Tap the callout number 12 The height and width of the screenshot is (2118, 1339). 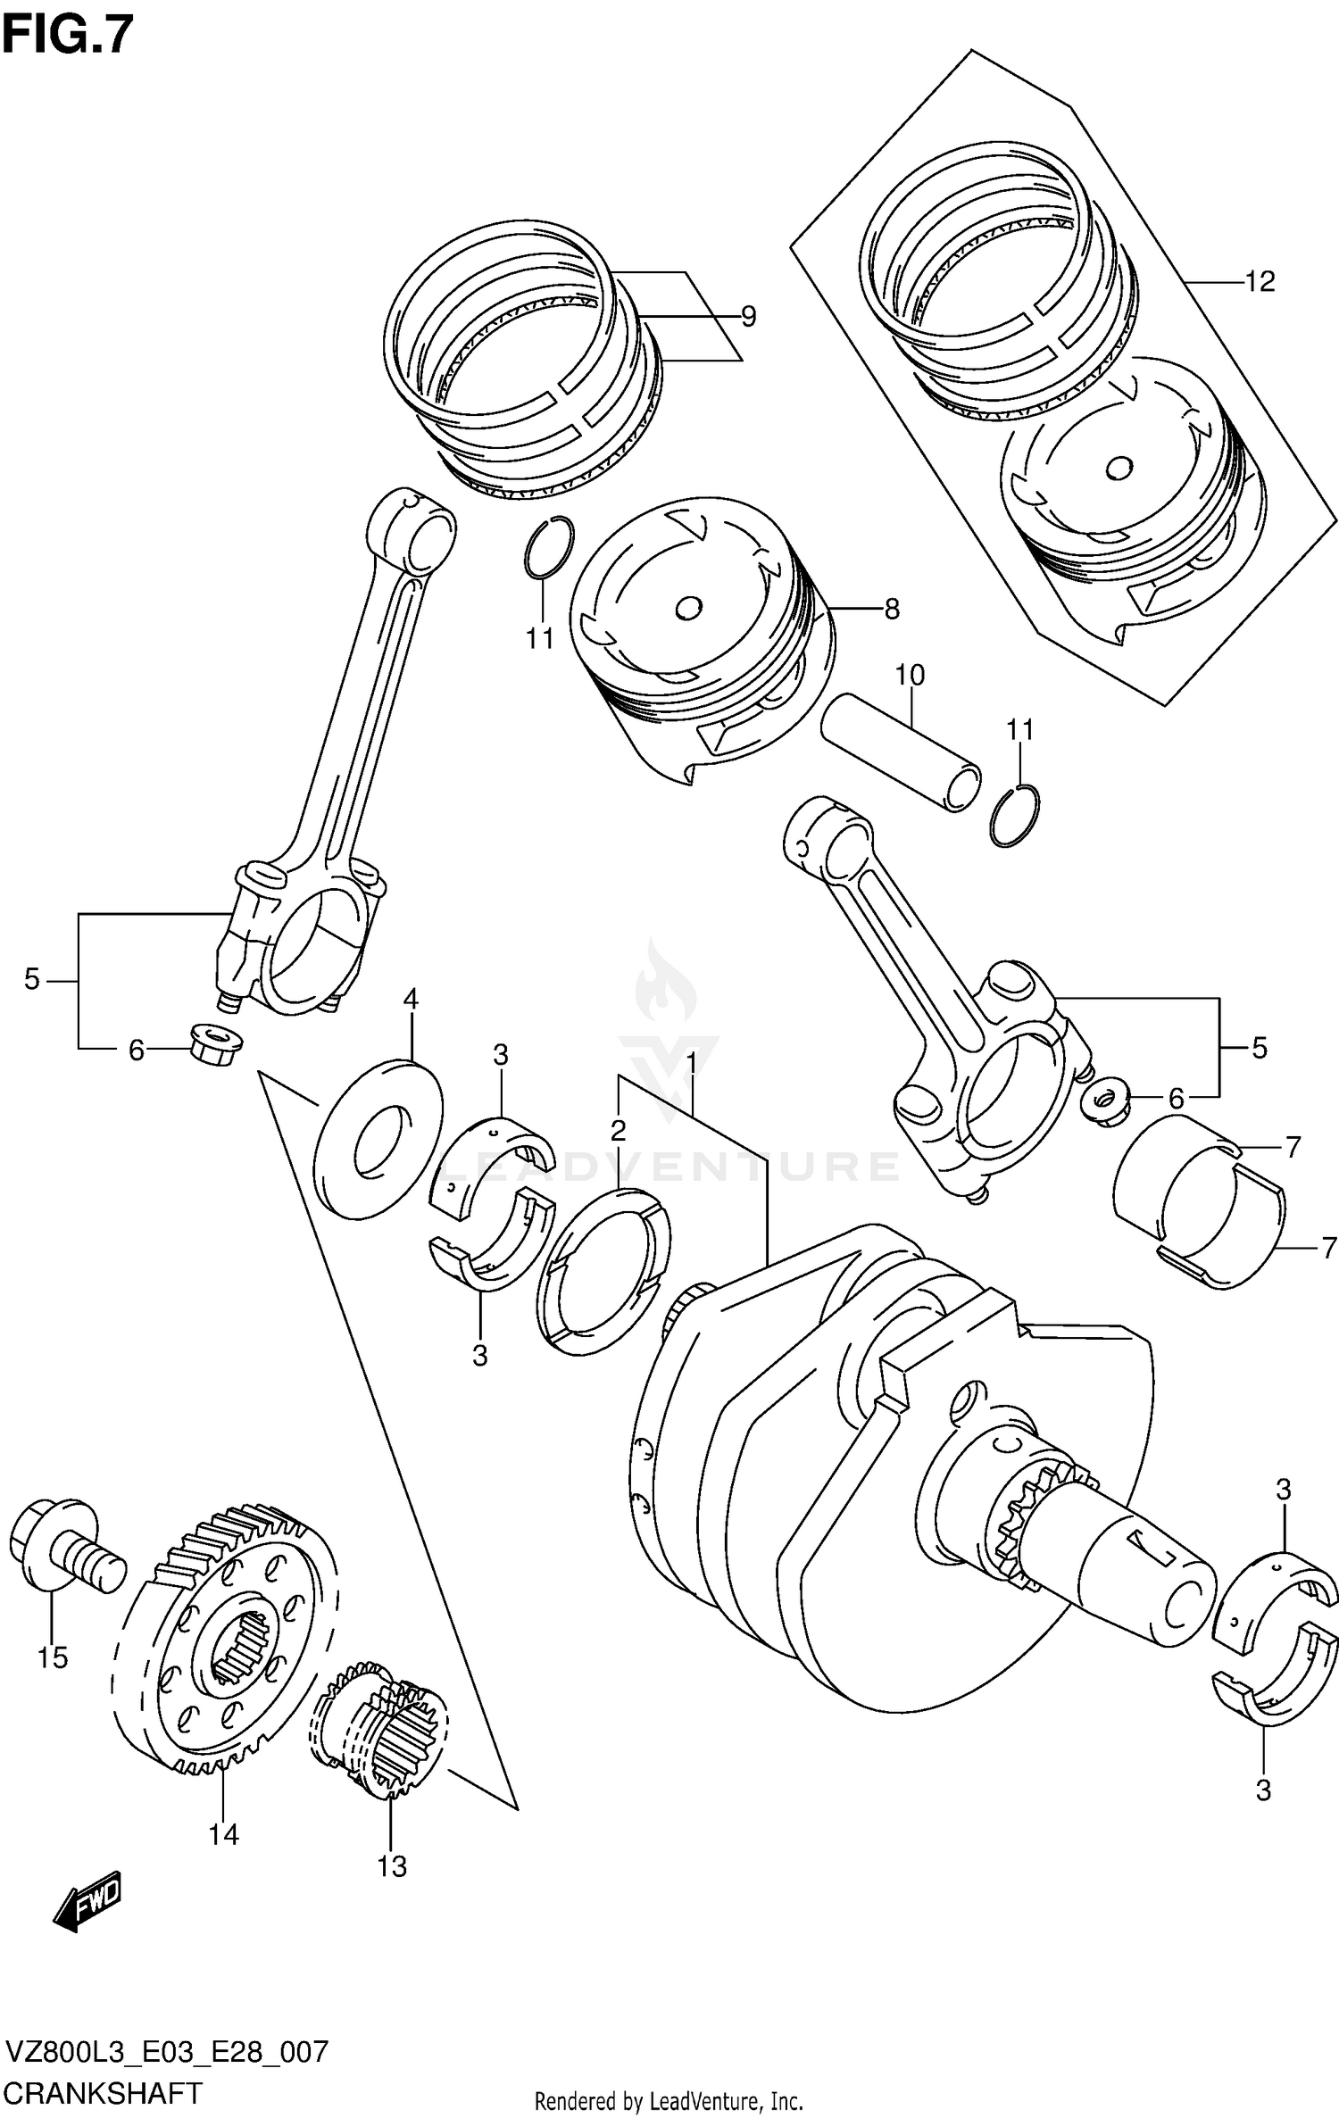tap(1259, 282)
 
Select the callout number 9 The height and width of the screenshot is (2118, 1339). tap(748, 316)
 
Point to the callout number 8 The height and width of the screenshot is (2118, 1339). tap(891, 609)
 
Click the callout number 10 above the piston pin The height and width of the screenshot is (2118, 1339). tap(910, 675)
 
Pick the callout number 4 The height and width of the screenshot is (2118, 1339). tap(411, 999)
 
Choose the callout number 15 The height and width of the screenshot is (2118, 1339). tap(53, 1657)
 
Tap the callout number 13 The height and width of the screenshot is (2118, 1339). tap(392, 1865)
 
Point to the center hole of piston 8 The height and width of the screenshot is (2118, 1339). tap(688, 609)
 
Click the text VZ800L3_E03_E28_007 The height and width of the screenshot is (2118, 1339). tap(167, 2051)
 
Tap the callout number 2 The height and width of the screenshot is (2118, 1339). tap(618, 1131)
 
